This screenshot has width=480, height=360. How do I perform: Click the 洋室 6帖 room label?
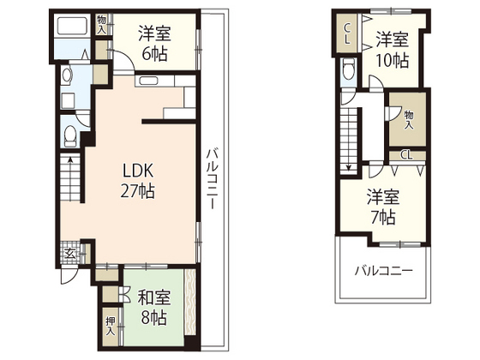click(x=154, y=44)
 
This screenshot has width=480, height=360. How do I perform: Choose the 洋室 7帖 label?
click(x=383, y=205)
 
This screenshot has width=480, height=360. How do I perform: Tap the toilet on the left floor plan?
click(x=70, y=135)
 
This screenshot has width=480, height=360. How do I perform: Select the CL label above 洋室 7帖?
click(x=406, y=155)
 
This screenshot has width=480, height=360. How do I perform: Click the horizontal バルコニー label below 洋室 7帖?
click(x=385, y=269)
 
